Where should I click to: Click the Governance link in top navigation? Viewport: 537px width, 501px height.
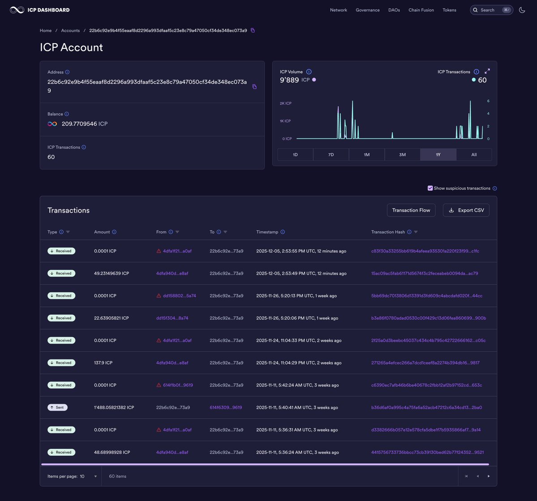click(367, 10)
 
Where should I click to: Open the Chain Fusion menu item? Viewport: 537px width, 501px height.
click(421, 10)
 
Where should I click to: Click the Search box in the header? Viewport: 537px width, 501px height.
click(491, 10)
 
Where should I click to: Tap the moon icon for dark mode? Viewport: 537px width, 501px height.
click(522, 10)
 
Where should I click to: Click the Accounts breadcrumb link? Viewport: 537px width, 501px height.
click(70, 30)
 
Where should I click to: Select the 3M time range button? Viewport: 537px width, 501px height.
click(402, 155)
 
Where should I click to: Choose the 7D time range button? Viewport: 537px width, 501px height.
click(331, 155)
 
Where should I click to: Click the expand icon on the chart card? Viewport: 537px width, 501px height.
click(487, 71)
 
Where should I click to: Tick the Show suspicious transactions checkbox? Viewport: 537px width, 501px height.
click(430, 188)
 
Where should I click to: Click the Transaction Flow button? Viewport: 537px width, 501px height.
click(411, 210)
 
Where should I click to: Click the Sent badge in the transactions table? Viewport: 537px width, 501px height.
click(57, 408)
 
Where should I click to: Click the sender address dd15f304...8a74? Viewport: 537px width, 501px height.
click(172, 318)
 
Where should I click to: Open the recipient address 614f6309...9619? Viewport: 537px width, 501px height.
click(226, 408)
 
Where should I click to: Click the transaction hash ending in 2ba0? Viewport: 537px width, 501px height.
click(426, 408)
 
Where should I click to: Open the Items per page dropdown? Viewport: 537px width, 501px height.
click(89, 476)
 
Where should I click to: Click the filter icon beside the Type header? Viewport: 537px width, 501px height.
click(68, 232)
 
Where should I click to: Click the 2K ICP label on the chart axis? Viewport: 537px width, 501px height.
click(285, 103)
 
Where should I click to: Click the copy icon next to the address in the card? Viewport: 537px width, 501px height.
click(254, 86)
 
